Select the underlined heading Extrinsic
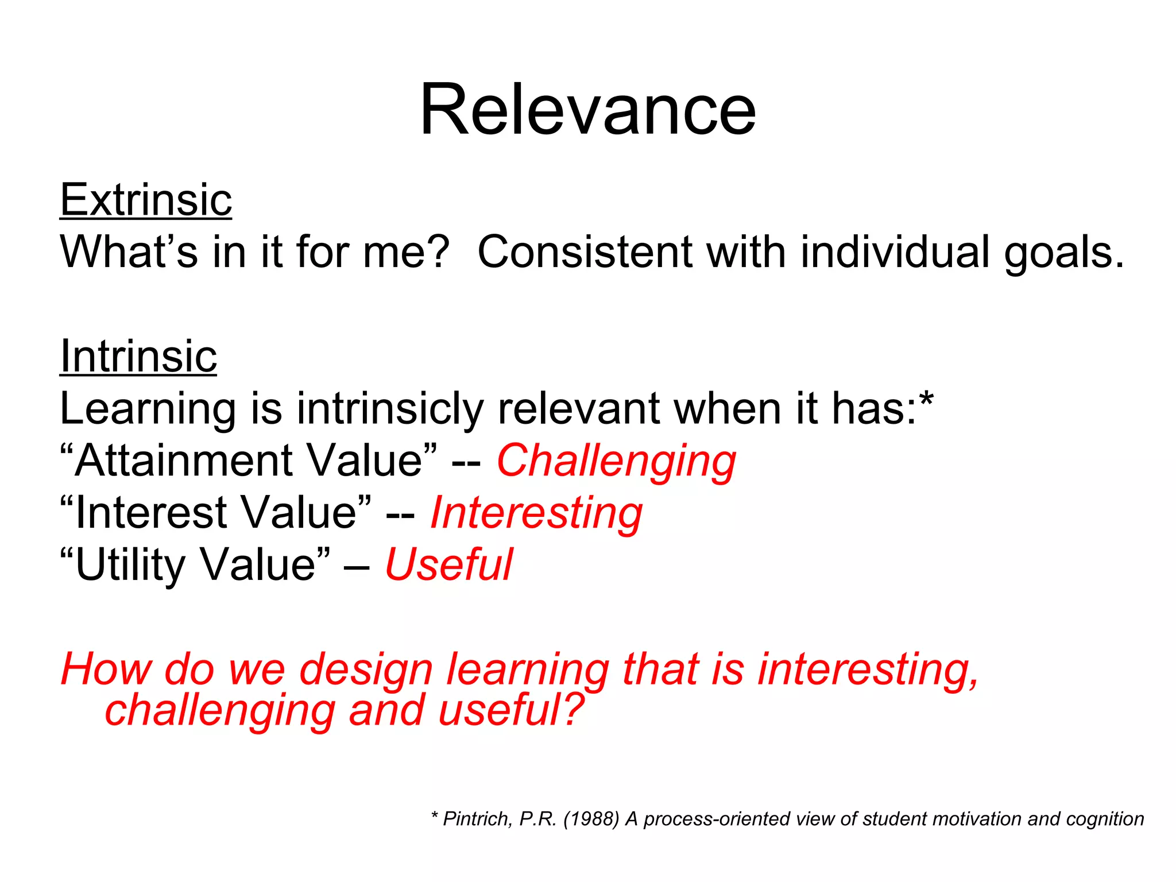point(146,200)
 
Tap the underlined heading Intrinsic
point(138,356)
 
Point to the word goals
point(1063,253)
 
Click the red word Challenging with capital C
point(616,461)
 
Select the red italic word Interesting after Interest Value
point(536,513)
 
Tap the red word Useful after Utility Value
point(448,564)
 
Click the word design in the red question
point(366,670)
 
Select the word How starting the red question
point(106,669)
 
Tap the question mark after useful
point(572,710)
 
